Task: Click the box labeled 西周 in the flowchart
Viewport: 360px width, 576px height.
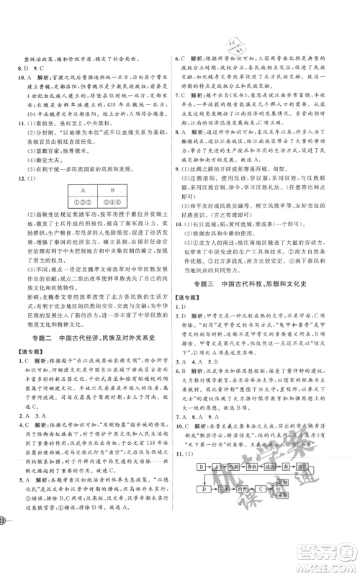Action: point(235,467)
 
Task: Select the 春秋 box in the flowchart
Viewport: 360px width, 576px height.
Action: point(252,467)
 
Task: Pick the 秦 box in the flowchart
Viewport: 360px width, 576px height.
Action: point(287,467)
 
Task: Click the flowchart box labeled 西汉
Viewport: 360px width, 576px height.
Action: point(303,467)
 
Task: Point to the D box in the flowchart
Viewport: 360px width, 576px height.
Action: point(205,489)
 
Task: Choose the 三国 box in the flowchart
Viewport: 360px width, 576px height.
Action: point(224,489)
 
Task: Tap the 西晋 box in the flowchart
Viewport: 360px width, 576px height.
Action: point(243,489)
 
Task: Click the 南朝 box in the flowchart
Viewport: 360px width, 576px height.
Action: point(282,495)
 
